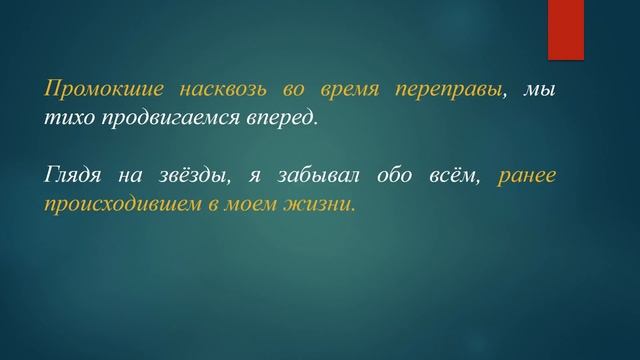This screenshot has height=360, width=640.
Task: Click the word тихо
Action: (64, 118)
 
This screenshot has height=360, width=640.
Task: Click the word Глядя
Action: (73, 176)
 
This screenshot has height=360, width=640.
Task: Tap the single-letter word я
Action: (257, 177)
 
